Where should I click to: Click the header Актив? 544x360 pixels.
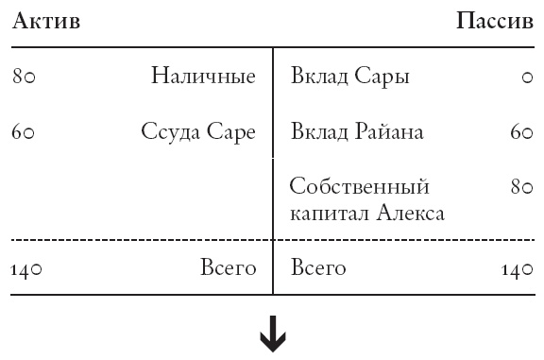pos(46,22)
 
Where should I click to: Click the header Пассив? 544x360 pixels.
pos(494,22)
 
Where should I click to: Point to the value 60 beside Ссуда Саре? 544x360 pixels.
pos(24,133)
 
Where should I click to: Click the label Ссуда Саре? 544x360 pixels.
pos(198,132)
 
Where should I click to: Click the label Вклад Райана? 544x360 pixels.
pos(357,132)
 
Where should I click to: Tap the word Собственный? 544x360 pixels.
pos(360,185)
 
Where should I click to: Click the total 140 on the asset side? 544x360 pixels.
pos(27,270)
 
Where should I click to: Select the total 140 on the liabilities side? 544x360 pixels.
pos(518,270)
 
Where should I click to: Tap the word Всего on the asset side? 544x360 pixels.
pos(228,269)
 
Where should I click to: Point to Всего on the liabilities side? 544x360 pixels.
pos(319,269)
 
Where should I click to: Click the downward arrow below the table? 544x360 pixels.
pos(273,336)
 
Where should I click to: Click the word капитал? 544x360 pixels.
pos(328,214)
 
